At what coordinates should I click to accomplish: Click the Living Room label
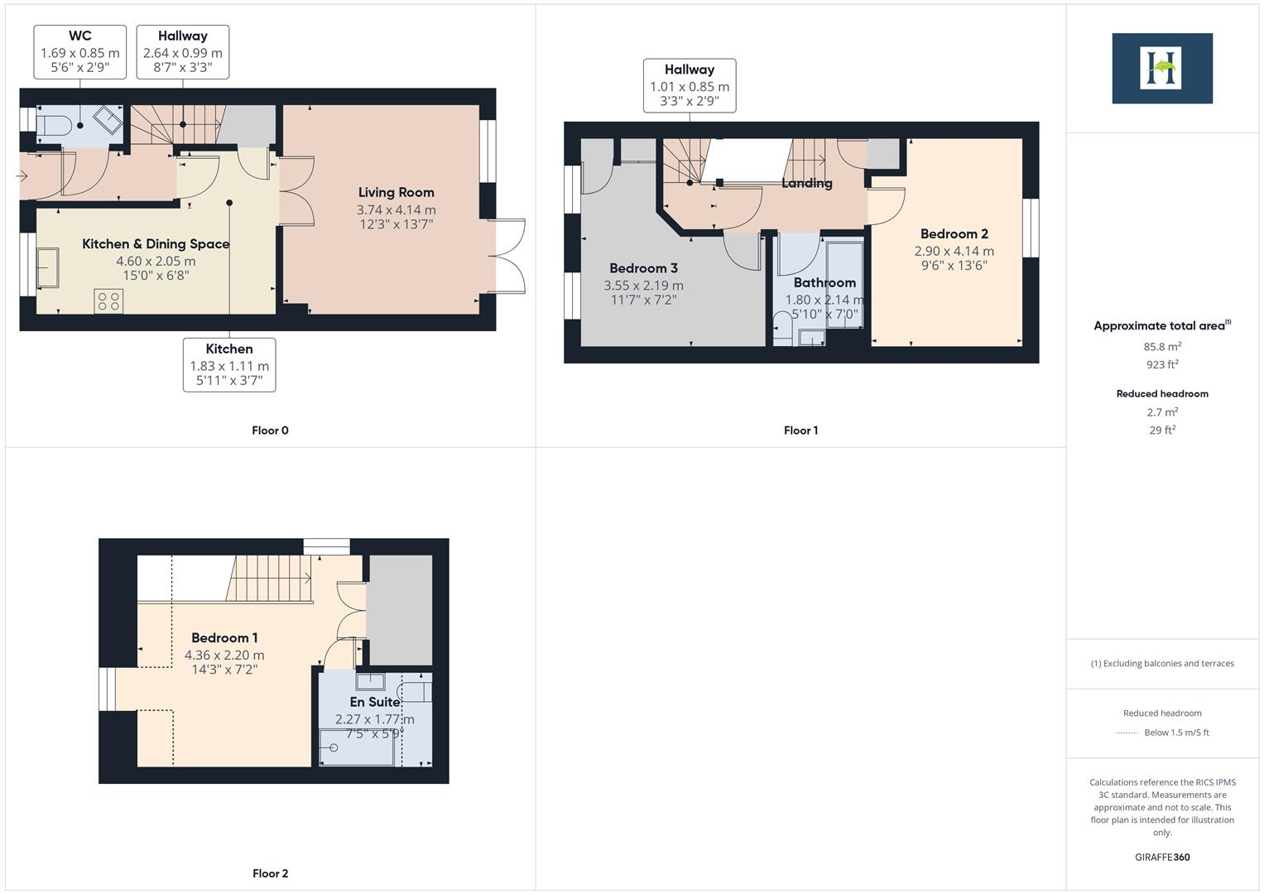(396, 192)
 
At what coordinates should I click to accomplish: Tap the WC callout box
(80, 51)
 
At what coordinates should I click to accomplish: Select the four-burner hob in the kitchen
(108, 300)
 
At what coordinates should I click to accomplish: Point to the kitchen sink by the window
(48, 267)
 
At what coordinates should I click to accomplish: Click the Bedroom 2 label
(954, 233)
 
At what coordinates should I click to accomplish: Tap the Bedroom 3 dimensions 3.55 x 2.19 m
(643, 286)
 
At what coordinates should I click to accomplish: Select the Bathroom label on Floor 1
(824, 282)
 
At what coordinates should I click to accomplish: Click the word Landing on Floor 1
(806, 183)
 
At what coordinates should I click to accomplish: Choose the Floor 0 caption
(270, 430)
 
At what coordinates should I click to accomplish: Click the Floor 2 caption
(270, 873)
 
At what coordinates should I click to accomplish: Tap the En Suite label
(374, 702)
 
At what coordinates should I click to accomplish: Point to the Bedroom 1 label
(224, 637)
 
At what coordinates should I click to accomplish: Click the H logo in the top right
(1161, 69)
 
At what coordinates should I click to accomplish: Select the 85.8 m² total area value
(1162, 347)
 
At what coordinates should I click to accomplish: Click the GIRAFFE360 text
(1162, 857)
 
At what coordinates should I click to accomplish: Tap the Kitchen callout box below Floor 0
(229, 364)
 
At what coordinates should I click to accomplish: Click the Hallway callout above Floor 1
(689, 85)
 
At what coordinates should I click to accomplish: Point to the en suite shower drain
(334, 747)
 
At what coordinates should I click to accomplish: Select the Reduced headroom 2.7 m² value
(1162, 412)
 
